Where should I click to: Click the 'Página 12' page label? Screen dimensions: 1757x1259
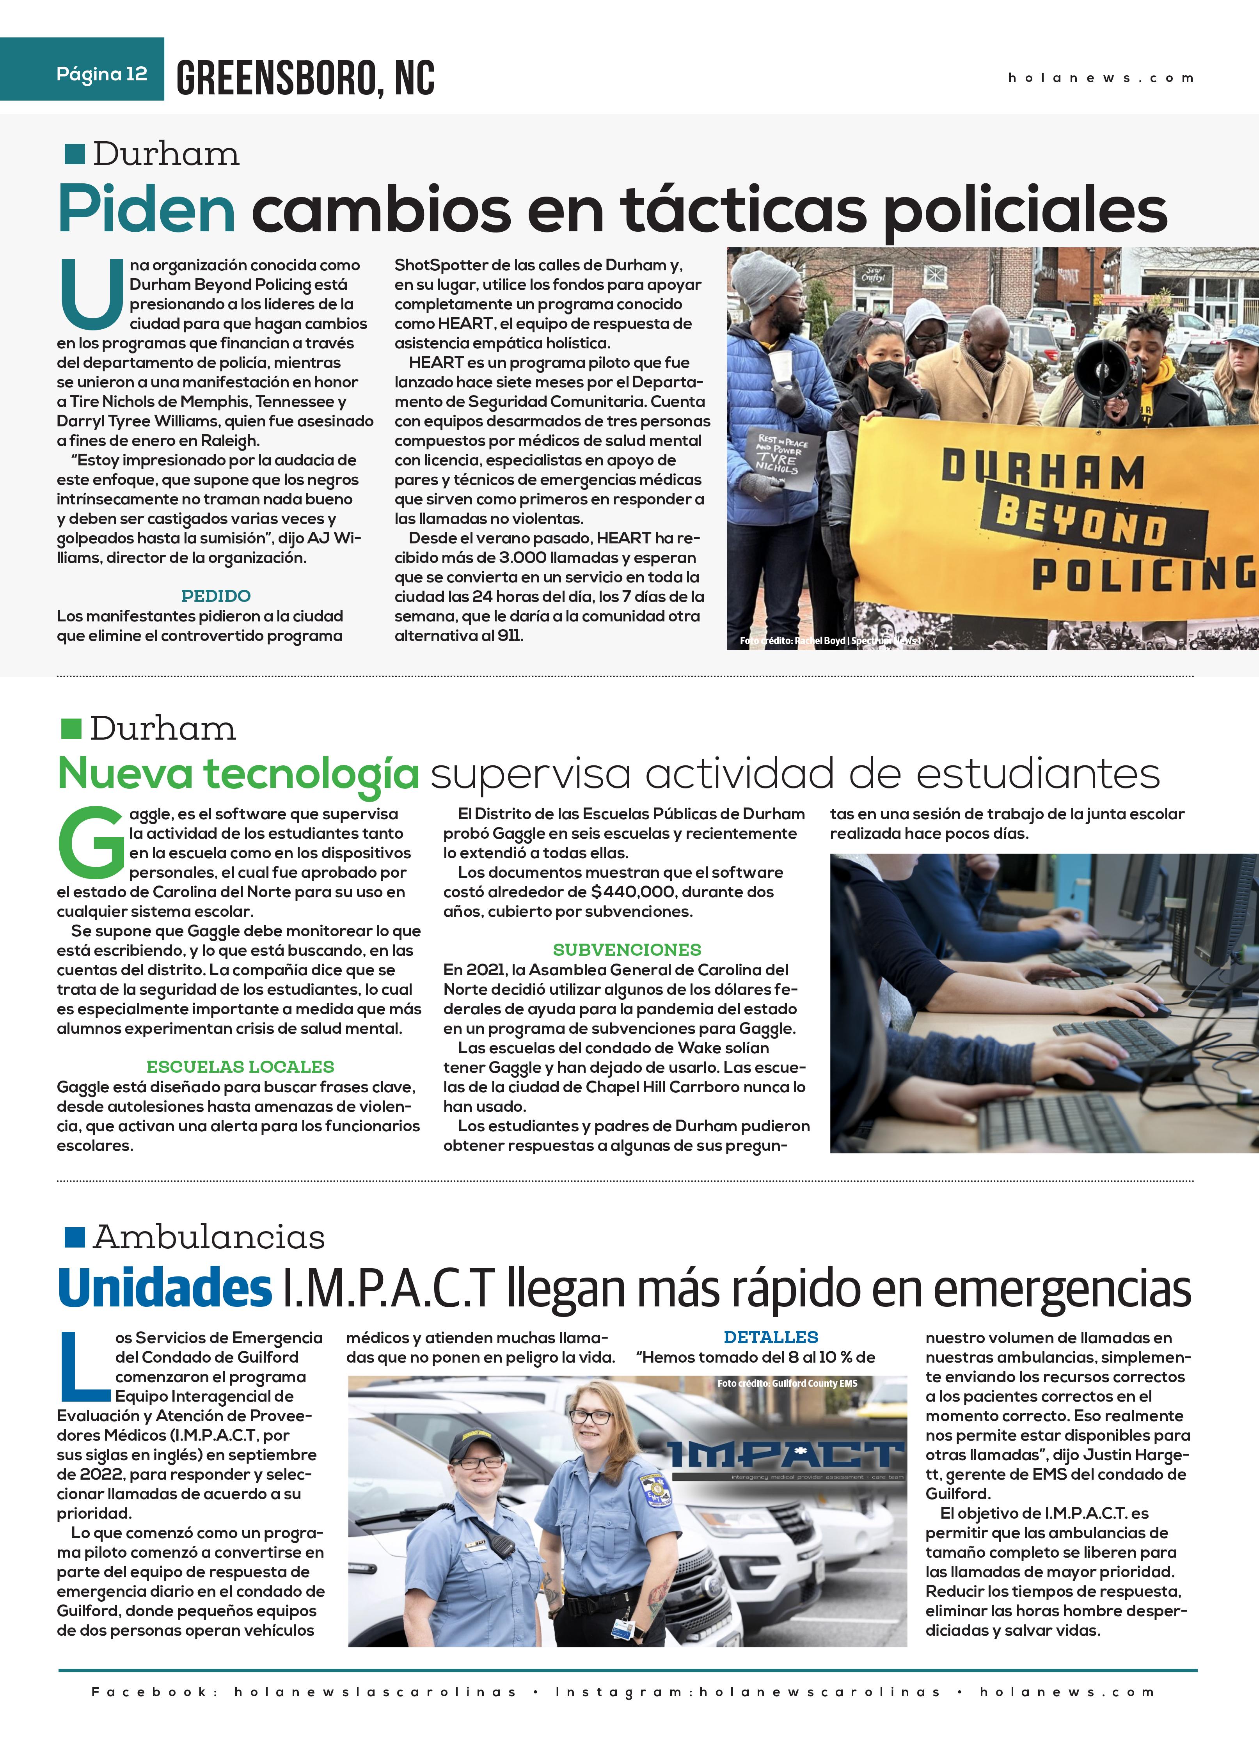101,75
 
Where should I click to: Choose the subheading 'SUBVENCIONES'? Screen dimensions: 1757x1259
627,950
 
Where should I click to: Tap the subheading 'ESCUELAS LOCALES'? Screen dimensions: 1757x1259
240,1067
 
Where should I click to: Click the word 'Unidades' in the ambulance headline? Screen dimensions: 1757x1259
165,1288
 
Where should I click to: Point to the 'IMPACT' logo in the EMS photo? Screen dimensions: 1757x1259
787,1455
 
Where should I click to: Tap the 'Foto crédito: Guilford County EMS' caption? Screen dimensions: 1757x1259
787,1383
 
